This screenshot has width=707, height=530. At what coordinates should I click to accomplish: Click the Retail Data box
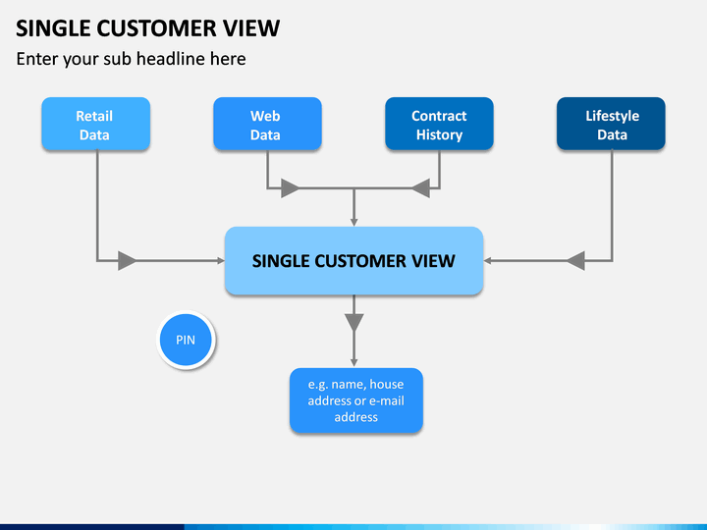pyautogui.click(x=95, y=124)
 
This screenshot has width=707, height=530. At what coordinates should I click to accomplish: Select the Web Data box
pyautogui.click(x=267, y=124)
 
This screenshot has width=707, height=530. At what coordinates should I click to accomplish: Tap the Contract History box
pyautogui.click(x=439, y=124)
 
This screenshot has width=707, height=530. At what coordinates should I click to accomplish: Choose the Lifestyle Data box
pyautogui.click(x=611, y=124)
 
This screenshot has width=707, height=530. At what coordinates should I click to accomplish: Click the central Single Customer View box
pyautogui.click(x=353, y=261)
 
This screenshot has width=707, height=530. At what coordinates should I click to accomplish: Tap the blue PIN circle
pyautogui.click(x=186, y=340)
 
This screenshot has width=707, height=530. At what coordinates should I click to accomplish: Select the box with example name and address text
pyautogui.click(x=356, y=400)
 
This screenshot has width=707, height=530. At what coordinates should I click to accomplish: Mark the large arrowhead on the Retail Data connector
pyautogui.click(x=127, y=261)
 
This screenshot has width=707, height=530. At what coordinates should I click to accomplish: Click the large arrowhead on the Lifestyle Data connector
pyautogui.click(x=575, y=261)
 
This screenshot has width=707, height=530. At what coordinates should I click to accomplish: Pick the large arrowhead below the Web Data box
pyautogui.click(x=290, y=187)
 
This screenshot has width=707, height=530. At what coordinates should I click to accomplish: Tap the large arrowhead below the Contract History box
pyautogui.click(x=420, y=187)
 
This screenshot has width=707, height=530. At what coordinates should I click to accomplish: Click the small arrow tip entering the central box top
pyautogui.click(x=353, y=223)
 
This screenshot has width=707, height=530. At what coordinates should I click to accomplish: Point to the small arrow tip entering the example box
pyautogui.click(x=353, y=363)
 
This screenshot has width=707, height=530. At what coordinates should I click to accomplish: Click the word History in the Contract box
pyautogui.click(x=439, y=135)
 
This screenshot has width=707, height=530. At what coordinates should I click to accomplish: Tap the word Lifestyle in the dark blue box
pyautogui.click(x=613, y=116)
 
